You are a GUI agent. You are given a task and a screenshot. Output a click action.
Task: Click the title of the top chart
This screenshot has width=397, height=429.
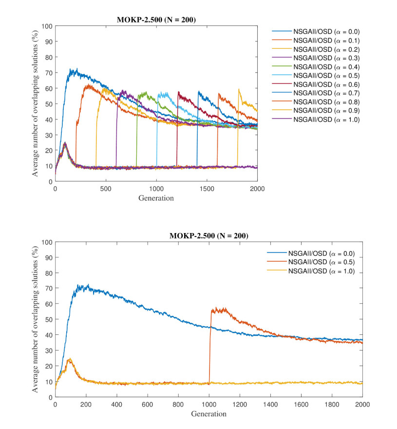coord(156,19)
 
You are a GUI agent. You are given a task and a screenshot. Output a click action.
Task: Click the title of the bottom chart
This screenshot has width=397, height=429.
coord(208,236)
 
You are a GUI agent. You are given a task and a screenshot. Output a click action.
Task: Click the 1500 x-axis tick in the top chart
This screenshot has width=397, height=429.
coord(207,188)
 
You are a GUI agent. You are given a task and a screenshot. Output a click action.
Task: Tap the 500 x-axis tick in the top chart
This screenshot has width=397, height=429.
coord(106,188)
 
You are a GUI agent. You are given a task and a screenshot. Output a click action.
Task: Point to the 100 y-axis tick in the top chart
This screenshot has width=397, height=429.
coord(47,26)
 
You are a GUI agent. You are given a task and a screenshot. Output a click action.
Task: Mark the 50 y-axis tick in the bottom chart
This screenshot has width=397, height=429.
coord(48,319)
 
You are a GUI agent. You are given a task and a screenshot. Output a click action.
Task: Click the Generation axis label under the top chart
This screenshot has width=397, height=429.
coord(156,198)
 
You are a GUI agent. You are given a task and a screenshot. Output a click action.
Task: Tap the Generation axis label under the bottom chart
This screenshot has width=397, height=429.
coord(208,414)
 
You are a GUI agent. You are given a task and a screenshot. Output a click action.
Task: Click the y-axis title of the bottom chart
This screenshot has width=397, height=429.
coord(36,319)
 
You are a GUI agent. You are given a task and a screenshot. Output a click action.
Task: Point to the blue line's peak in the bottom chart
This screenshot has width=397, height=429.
coord(88,285)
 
